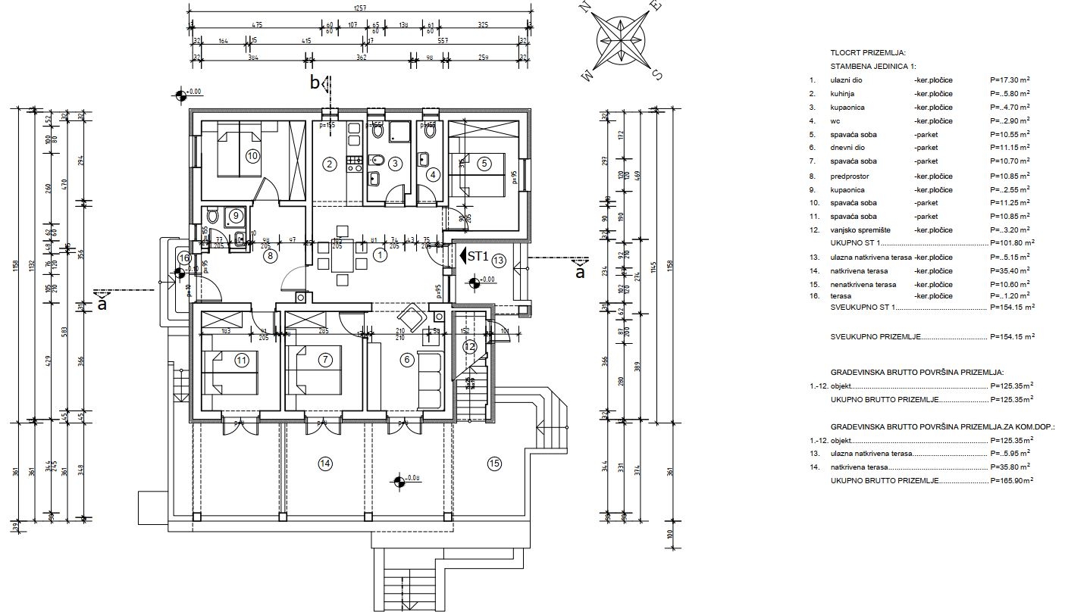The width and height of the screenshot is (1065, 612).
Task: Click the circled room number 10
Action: point(252,155)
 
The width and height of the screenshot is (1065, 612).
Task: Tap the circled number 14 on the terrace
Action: point(326,464)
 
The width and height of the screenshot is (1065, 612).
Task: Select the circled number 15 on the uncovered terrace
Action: point(495,464)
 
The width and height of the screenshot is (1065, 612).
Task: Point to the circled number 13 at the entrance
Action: point(498,261)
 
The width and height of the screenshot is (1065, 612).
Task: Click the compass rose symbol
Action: point(621,42)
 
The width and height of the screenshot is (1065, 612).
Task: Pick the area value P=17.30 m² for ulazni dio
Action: point(1010,80)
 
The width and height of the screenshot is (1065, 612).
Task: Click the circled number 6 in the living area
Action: point(407,360)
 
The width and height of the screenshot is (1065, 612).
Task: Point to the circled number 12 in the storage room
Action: point(471,346)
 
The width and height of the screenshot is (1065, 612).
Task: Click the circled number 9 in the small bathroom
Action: point(235,216)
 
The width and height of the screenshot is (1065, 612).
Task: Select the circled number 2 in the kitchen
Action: point(329,164)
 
